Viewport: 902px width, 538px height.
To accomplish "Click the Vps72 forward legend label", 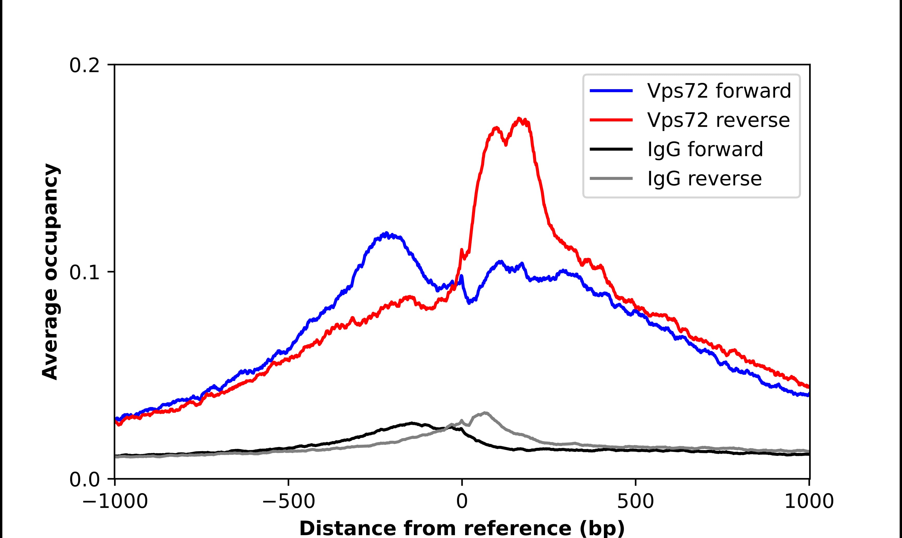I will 719,91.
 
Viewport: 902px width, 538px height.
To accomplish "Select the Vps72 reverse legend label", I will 718,120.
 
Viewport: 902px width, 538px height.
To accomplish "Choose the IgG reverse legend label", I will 704,179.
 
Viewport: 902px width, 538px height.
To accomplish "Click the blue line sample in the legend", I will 611,91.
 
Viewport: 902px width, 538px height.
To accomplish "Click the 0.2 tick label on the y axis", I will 84,65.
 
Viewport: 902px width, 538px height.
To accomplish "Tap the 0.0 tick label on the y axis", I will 84,480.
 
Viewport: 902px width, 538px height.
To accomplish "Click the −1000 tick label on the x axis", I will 115,502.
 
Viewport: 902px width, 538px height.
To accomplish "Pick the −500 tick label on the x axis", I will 289,502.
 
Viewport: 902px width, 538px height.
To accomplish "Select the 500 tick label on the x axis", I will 635,502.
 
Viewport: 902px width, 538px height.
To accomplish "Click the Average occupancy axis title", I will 50,272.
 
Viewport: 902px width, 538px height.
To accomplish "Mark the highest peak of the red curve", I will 519,119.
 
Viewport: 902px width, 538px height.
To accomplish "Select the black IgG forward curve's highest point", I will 412,423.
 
